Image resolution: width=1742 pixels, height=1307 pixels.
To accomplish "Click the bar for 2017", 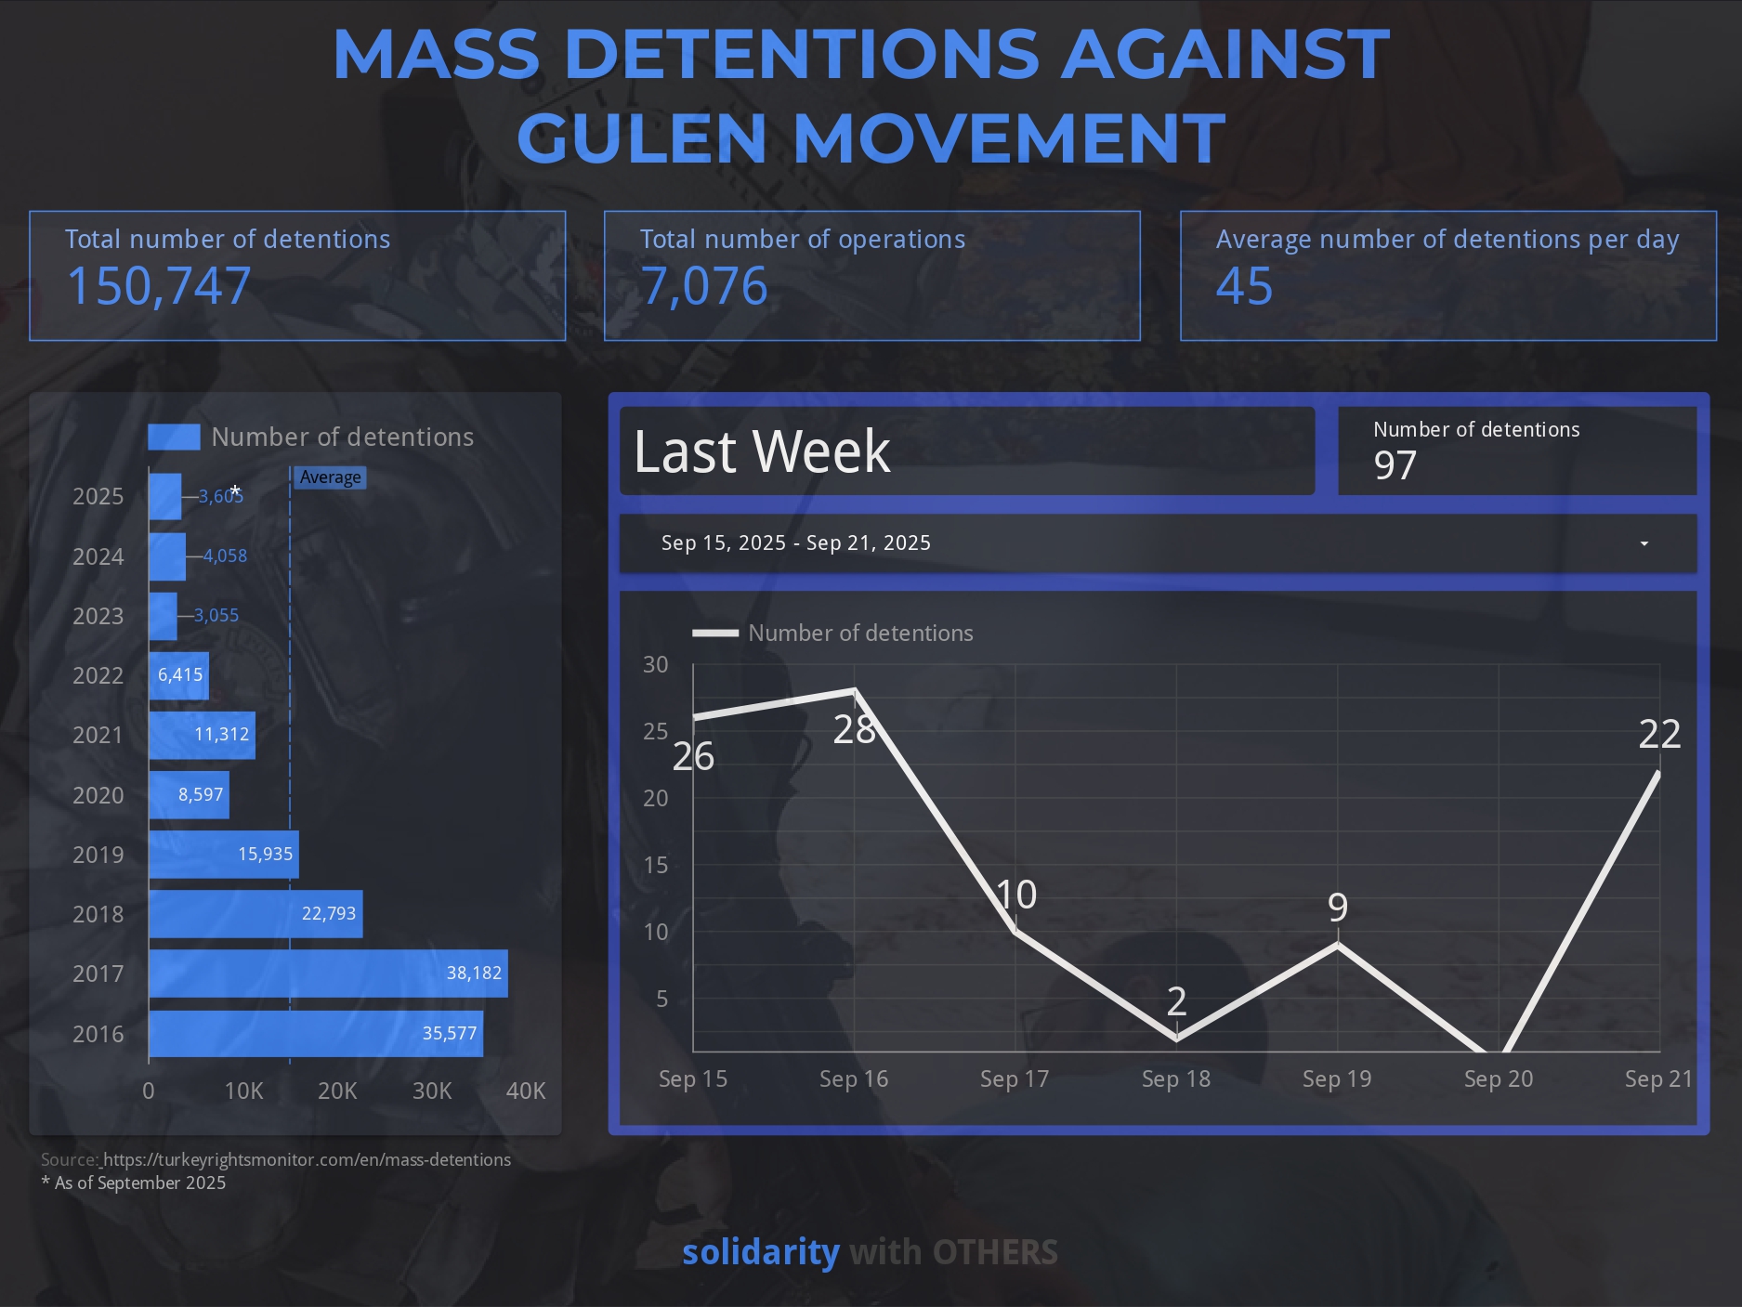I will [328, 974].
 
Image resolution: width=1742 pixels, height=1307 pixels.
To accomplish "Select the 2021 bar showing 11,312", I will [202, 735].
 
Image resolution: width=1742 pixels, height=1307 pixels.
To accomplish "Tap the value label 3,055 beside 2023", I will [216, 615].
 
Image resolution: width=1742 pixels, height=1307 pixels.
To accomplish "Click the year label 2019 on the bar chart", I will [98, 855].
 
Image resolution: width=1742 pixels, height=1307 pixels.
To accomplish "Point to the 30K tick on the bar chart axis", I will [432, 1091].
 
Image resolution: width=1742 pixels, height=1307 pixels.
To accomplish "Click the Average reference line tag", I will [330, 477].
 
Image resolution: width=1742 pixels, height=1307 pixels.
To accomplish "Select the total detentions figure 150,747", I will [159, 285].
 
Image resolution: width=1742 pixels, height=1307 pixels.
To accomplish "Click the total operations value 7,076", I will [704, 285].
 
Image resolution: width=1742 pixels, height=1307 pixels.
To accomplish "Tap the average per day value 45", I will [1244, 285].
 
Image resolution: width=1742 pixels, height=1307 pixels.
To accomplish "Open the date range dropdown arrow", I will [1644, 543].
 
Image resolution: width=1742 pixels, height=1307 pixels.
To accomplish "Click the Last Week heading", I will [762, 451].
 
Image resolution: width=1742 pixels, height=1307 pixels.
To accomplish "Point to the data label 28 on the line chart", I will [854, 729].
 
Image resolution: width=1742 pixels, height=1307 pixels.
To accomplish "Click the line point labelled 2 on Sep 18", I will [1176, 1039].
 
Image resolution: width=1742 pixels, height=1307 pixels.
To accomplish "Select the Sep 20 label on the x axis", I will [1498, 1078].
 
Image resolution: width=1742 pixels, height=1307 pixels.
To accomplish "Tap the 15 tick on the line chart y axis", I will [656, 865].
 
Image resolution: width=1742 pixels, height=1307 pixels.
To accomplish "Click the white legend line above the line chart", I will [715, 634].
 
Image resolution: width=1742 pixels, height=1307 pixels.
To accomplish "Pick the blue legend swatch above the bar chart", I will [174, 437].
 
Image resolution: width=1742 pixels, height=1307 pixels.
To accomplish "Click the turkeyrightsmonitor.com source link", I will [307, 1159].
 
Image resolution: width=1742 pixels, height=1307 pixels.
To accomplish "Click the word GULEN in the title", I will [641, 137].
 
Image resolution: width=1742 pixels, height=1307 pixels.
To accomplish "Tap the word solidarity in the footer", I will [760, 1252].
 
